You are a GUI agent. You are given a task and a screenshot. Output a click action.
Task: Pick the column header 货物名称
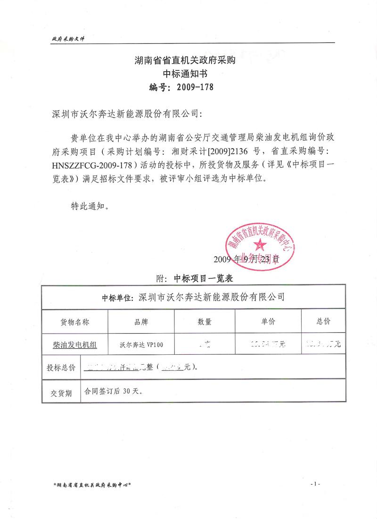[x=75, y=322]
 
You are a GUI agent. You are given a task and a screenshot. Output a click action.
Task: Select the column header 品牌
[x=141, y=322]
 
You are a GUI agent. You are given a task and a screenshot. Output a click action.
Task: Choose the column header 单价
[x=268, y=322]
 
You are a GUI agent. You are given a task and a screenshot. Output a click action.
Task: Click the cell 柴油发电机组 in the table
[x=75, y=345]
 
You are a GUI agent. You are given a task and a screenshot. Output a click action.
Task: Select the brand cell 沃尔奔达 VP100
[x=141, y=345]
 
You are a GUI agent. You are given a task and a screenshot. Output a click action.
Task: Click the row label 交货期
[x=61, y=392]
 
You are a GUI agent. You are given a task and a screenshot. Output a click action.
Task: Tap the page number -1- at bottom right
[x=315, y=484]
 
